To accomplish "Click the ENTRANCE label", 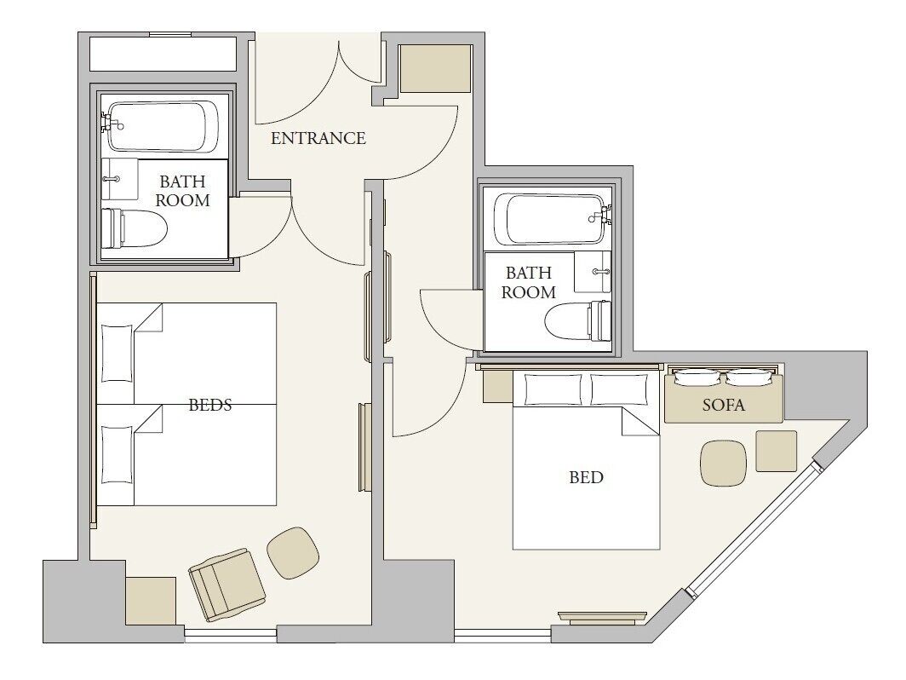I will (x=318, y=138).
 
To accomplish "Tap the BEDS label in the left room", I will (x=210, y=406).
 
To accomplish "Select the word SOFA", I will (x=723, y=406).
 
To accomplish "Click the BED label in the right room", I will (x=586, y=478).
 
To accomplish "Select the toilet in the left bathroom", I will (x=135, y=228).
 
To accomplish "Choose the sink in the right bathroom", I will (x=593, y=272).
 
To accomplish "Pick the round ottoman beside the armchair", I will (x=293, y=552).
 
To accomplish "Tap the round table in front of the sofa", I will (x=723, y=463).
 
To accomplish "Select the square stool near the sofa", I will (x=776, y=451).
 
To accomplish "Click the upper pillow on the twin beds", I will (x=117, y=352).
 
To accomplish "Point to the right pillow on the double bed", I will (x=619, y=389).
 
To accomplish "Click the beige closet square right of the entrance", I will (x=435, y=68).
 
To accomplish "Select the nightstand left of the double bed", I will (x=496, y=386).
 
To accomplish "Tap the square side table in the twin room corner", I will (x=151, y=601).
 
